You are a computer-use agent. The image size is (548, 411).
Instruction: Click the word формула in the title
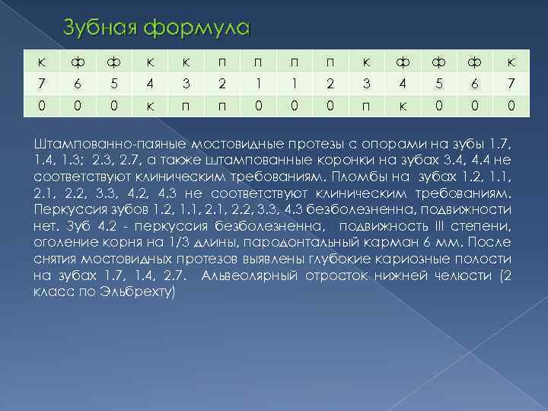tap(198, 29)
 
